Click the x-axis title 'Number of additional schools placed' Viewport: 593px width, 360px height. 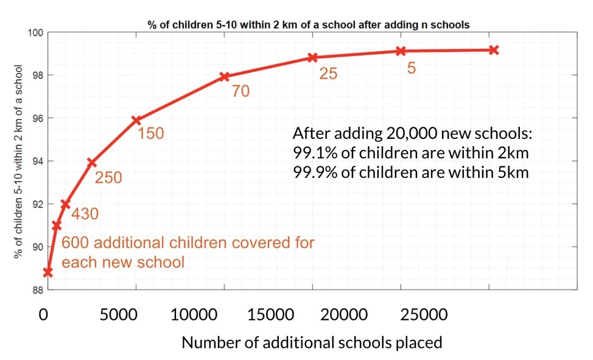312,343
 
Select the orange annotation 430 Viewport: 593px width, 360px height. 85,214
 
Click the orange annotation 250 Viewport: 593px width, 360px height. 108,178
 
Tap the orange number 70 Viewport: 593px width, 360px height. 240,92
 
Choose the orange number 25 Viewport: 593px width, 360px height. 328,74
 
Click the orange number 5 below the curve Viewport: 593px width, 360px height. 412,68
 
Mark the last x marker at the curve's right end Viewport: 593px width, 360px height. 494,50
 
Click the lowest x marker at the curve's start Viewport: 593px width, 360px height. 47,272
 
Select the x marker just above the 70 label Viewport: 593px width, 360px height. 224,77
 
